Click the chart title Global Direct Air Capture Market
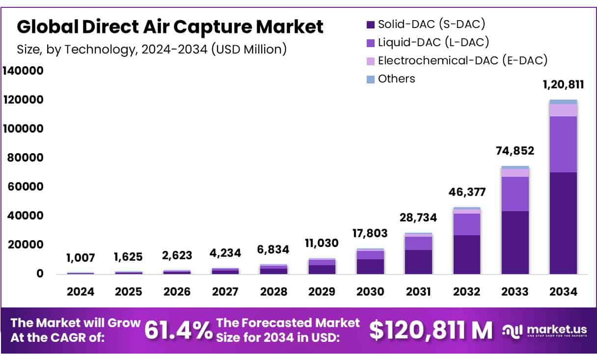coord(170,27)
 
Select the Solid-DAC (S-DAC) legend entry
coord(426,23)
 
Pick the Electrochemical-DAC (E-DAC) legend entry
coord(457,61)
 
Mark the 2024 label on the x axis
coord(81,292)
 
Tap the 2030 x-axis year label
coord(370,292)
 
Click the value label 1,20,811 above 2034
coord(563,84)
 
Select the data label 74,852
coord(515,151)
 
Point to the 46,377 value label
coord(466,192)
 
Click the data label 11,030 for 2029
coord(322,243)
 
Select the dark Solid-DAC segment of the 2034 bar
coord(563,223)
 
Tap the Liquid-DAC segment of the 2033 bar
coord(515,194)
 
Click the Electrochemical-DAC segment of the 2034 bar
coord(563,110)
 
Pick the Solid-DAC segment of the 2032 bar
coord(467,254)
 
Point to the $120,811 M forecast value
coord(431,331)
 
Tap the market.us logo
coord(545,330)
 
